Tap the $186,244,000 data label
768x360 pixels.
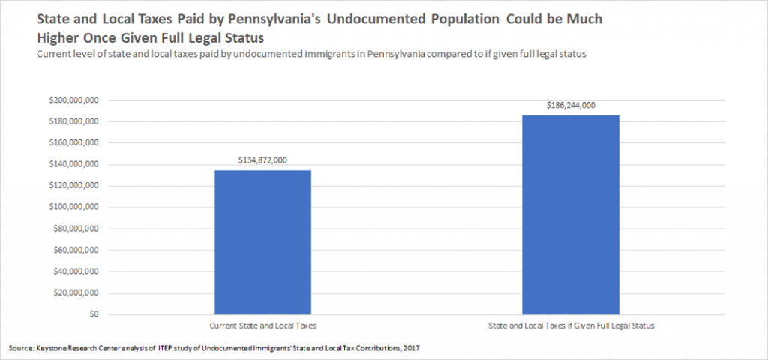570,106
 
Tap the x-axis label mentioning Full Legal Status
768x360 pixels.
570,325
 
